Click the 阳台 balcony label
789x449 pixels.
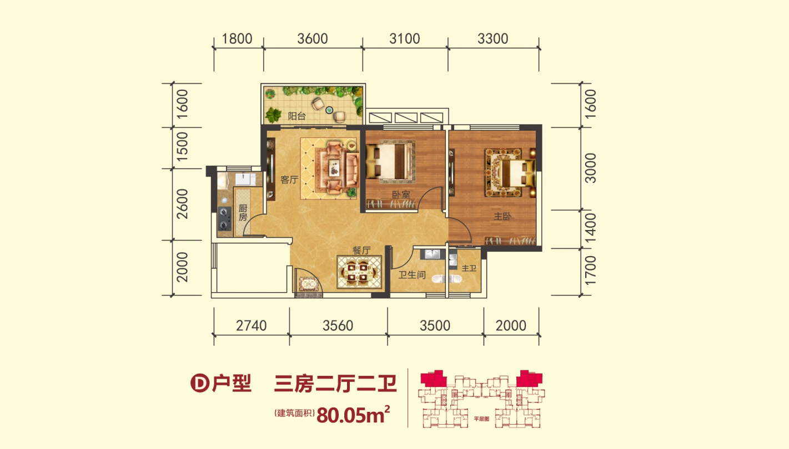296,116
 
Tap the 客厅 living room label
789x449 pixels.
289,180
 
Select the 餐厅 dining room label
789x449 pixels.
361,251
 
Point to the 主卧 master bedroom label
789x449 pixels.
502,216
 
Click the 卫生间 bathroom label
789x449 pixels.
412,274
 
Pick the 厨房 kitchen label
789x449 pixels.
243,213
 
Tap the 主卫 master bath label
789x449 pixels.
469,268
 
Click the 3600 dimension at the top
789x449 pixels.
313,39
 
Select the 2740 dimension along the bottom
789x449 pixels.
251,325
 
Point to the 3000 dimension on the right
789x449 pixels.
590,168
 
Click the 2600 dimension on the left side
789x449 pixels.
182,204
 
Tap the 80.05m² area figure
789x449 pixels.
353,415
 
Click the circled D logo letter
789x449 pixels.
200,383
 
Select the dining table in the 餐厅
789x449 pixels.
359,272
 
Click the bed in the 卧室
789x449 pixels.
390,162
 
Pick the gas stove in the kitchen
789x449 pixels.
224,218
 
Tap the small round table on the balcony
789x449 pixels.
329,110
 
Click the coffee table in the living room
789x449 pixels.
334,167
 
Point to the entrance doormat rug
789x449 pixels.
308,284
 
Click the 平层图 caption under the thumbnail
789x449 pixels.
481,419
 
